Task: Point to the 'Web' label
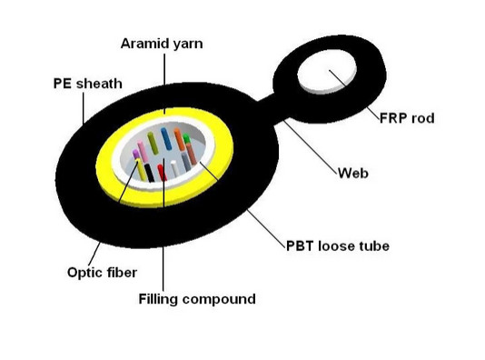[351, 173]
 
